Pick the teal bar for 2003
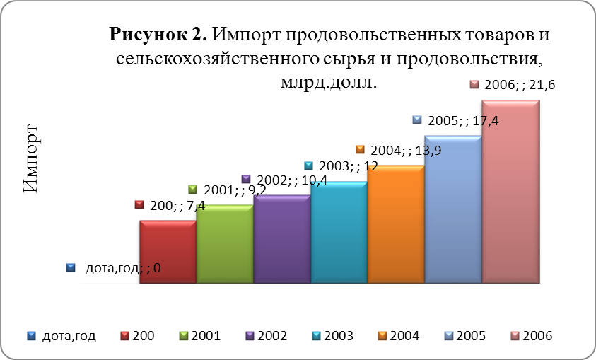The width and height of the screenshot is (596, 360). coord(339,233)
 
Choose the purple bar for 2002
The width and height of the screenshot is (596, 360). coord(281,240)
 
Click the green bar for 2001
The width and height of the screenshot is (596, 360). coord(225,245)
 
